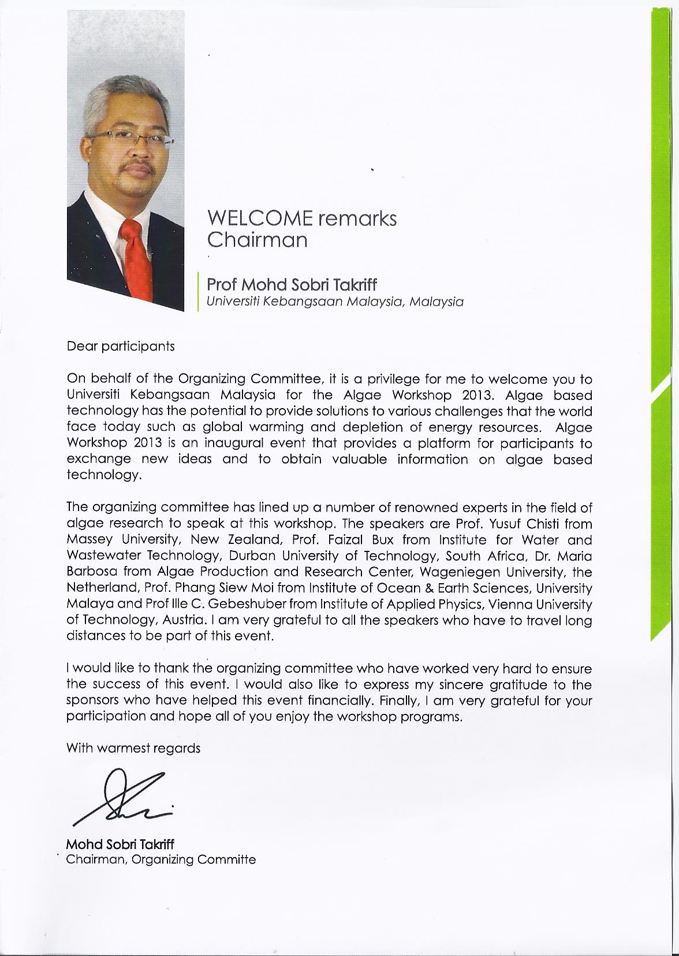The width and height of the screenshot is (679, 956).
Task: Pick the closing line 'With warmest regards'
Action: click(133, 748)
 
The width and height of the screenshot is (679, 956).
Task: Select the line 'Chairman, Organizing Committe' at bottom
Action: click(161, 859)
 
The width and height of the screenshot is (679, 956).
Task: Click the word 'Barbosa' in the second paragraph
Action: click(89, 572)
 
